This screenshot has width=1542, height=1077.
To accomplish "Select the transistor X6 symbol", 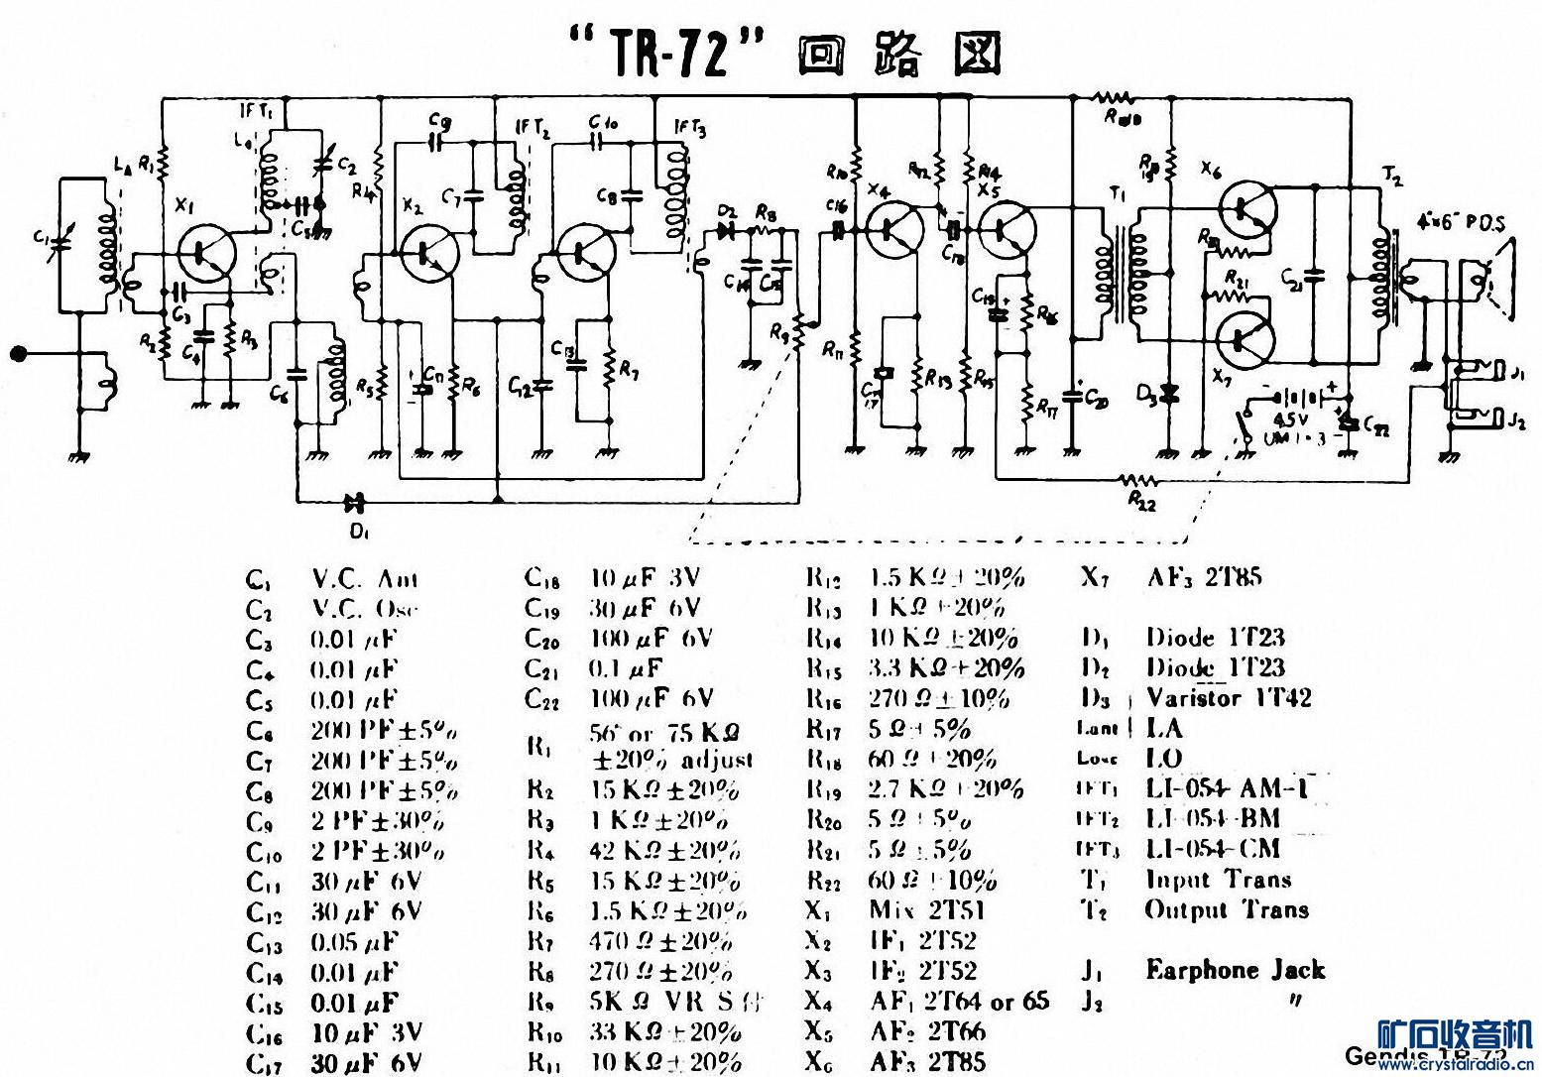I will click(1246, 207).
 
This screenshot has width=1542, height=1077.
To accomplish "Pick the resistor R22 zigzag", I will click(1140, 480).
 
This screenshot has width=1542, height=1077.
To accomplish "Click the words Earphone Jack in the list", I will click(1235, 970).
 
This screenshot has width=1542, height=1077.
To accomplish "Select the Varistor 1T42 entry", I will click(1229, 697).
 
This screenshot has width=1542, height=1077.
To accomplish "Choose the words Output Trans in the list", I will click(1227, 909).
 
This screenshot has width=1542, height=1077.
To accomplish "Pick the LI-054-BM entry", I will click(1213, 818).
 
